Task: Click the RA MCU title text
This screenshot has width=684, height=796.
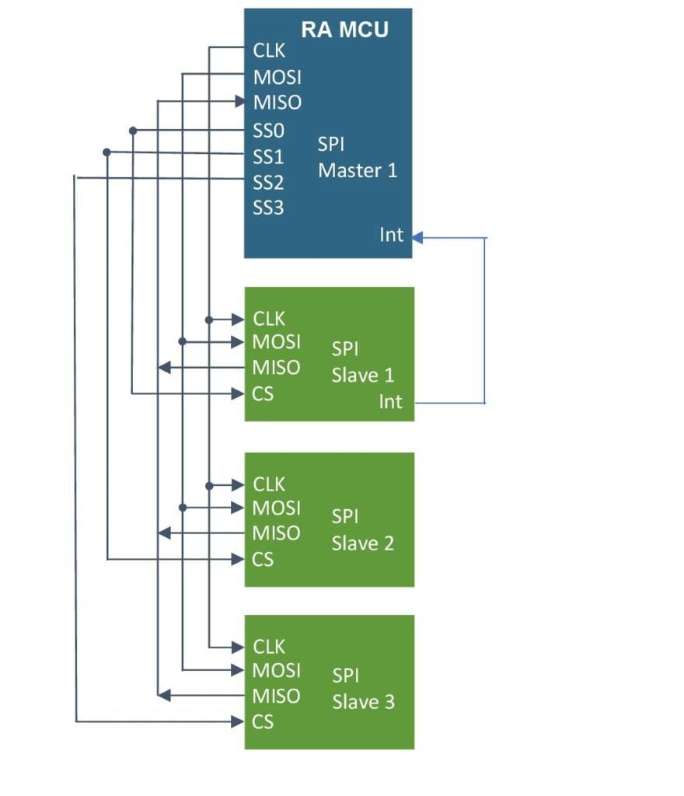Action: coord(344,30)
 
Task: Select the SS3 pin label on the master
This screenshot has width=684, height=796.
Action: coord(268,208)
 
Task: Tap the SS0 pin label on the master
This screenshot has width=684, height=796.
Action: coord(268,131)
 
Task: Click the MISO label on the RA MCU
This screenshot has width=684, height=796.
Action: coord(277,103)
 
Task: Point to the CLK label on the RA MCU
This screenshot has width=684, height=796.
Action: coord(270,51)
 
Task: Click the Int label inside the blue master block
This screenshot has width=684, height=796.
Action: coord(392,234)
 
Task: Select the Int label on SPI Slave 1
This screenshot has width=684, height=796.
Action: coord(391,402)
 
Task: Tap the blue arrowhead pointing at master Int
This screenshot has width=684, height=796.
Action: coord(417,237)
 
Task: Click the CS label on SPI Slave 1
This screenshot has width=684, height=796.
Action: coord(263,394)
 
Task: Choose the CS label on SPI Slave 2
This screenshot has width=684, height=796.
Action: coord(263,559)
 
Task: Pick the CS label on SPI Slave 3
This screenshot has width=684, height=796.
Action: coord(263,722)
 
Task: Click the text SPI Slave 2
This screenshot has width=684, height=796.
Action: coord(363,530)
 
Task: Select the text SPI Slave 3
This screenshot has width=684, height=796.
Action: coord(363,689)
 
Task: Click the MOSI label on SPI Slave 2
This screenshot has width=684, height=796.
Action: coord(277,508)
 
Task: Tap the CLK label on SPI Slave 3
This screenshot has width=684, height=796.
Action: coord(270,647)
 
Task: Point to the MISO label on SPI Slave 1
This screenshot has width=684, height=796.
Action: coord(277,368)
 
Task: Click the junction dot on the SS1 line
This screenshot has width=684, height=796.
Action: coord(106,152)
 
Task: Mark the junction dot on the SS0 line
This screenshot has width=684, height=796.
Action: coord(133,130)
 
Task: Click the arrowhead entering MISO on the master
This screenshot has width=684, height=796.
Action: coord(240,101)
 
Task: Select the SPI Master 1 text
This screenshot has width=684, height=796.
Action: coord(358,157)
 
